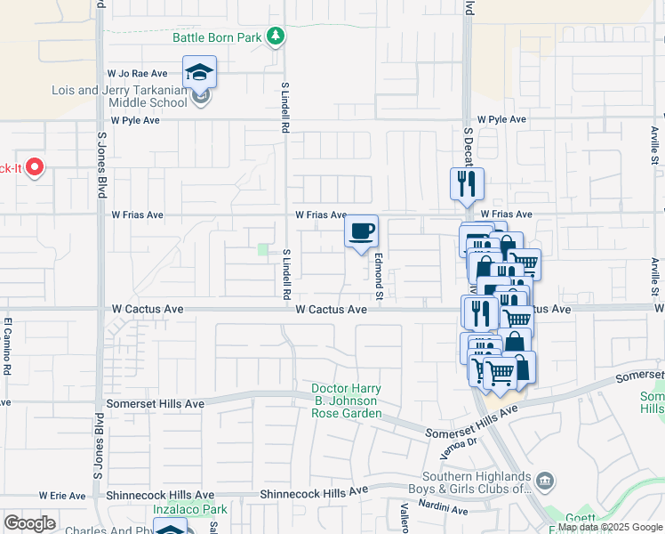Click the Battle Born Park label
[219, 36]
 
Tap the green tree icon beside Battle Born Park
[277, 36]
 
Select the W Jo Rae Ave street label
[138, 73]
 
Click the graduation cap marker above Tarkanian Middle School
[200, 72]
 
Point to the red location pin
[35, 167]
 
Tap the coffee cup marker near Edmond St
[361, 232]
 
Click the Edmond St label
[378, 277]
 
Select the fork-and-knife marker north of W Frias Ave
[467, 184]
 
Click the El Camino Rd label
[6, 345]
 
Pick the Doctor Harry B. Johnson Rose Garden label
[346, 401]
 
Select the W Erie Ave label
[63, 495]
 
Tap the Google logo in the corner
[29, 523]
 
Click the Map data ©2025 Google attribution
[610, 527]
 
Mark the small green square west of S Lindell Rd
[263, 250]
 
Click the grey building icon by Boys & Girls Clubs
[544, 481]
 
